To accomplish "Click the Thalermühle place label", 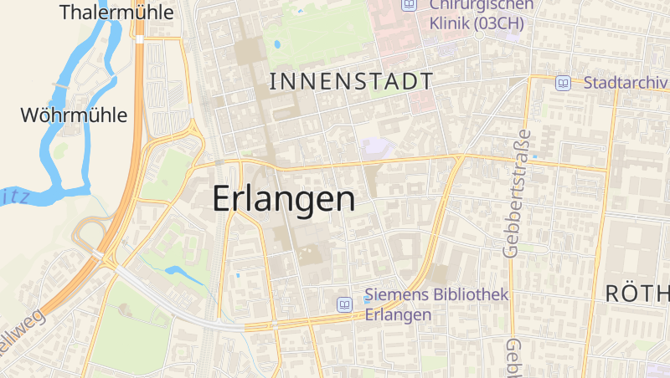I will (117, 13).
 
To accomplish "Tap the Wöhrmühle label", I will (74, 115).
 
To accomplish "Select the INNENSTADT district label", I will (352, 81).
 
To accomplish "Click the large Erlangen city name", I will (283, 199).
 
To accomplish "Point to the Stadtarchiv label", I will (625, 83).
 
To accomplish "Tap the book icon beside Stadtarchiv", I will (564, 83).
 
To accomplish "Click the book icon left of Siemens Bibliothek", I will (344, 304).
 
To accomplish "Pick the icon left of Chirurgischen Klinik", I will (410, 4).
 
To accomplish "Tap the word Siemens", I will (396, 296).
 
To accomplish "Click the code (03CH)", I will (500, 23).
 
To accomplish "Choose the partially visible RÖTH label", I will (637, 294).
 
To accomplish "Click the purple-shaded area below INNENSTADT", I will (378, 147).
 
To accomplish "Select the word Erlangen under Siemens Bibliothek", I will (398, 314).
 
